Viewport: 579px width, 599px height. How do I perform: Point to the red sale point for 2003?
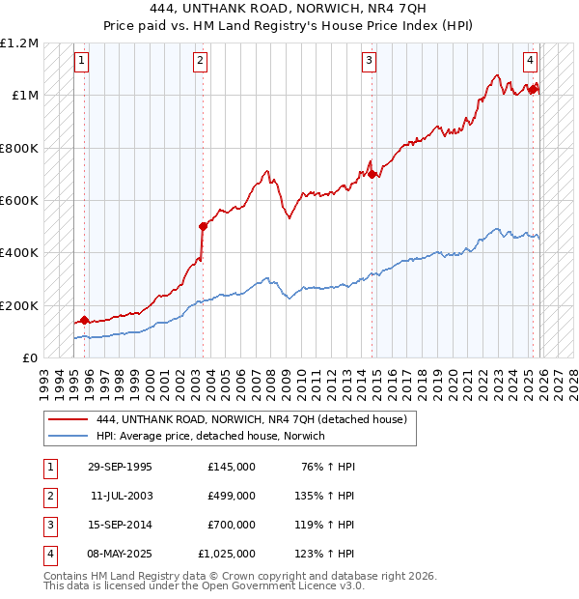[204, 226]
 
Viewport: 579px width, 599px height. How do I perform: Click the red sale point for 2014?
[372, 174]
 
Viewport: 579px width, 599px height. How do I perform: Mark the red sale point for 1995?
[85, 319]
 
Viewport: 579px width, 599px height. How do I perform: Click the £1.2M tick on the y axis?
[19, 43]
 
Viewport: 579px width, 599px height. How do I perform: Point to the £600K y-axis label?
[18, 201]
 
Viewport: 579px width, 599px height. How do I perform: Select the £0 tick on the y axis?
[29, 357]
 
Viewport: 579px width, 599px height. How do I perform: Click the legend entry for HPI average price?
[210, 436]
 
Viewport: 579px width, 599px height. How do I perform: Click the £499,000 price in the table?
[232, 495]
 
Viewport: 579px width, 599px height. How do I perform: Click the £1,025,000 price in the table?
[227, 555]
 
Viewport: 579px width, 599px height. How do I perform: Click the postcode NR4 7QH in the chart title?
[395, 7]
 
